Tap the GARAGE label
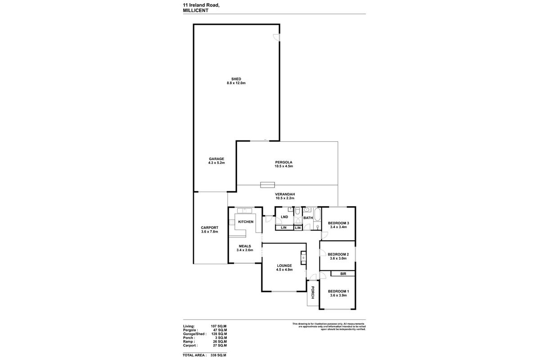tap(216, 159)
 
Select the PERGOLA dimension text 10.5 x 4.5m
tap(284, 166)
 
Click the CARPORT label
tap(209, 228)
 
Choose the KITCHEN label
tap(246, 222)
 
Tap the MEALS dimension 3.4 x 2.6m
tap(244, 250)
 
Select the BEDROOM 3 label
tap(338, 223)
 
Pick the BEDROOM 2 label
tap(338, 254)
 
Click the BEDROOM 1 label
tap(338, 291)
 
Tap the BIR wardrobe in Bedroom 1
tap(343, 274)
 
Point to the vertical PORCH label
tap(311, 293)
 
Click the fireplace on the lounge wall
tap(303, 258)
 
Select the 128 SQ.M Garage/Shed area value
tap(219, 334)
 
